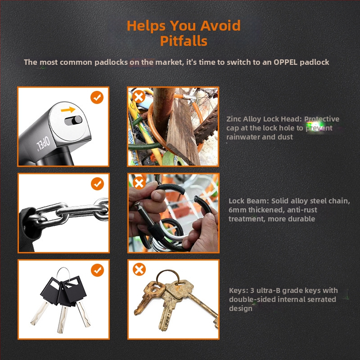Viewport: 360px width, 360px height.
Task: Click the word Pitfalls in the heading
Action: (x=184, y=41)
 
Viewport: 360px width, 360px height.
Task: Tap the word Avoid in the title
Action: (x=220, y=25)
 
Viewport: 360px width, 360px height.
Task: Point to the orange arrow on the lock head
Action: (x=68, y=110)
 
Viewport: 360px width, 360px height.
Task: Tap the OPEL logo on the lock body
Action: (x=43, y=144)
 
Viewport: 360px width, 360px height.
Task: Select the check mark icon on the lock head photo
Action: (x=97, y=97)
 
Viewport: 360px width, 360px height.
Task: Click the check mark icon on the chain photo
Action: (x=97, y=184)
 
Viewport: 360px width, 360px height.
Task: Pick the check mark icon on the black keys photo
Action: (x=97, y=270)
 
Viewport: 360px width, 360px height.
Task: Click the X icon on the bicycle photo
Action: (x=139, y=97)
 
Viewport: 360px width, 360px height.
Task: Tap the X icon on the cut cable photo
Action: (x=139, y=183)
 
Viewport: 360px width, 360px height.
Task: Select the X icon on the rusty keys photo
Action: (x=139, y=269)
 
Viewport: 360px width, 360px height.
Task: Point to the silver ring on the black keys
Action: (x=63, y=269)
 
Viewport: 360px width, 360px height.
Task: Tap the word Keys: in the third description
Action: (x=239, y=291)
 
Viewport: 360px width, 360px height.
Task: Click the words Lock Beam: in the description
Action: (x=249, y=201)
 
